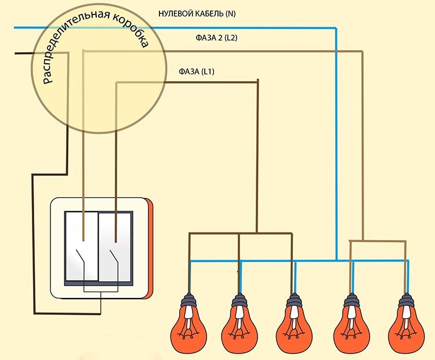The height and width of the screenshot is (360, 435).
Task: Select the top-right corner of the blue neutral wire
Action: coord(336,28)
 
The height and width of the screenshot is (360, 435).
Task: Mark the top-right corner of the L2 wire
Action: coord(363,52)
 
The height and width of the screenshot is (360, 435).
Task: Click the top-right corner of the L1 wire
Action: coord(258,82)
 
